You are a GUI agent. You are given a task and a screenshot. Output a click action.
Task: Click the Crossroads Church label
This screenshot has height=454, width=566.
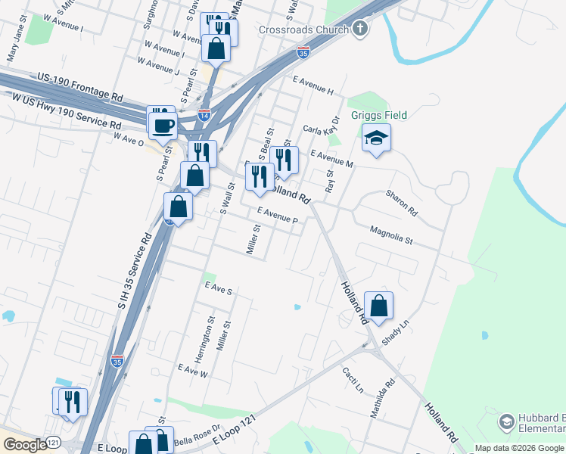303,30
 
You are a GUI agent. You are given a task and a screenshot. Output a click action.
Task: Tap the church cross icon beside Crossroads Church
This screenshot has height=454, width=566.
360,30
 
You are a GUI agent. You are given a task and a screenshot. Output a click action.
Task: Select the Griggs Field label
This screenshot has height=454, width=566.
379,115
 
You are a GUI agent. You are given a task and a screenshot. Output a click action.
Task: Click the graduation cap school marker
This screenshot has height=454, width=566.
376,138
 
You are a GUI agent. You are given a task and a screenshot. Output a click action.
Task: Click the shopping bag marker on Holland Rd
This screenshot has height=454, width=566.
379,306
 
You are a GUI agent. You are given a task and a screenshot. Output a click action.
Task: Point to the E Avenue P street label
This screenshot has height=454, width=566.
277,216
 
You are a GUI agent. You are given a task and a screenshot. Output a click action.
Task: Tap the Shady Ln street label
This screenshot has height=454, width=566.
395,331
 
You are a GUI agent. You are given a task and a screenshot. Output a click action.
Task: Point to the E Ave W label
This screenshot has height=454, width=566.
192,370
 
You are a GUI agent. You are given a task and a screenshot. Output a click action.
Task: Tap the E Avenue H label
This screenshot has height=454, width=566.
313,84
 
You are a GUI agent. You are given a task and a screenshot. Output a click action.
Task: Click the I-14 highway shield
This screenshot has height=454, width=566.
204,114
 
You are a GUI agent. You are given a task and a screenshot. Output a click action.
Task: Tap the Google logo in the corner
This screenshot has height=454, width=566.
24,445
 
